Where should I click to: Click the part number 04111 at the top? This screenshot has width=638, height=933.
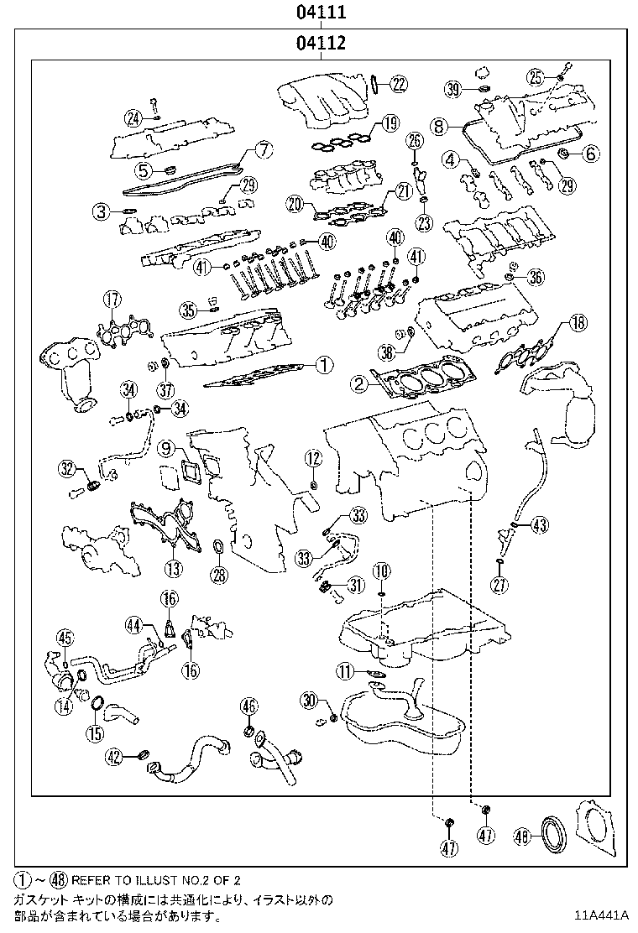pos(320,13)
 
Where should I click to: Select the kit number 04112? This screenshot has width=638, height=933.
pos(320,43)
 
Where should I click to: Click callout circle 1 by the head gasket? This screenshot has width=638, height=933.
pos(324,365)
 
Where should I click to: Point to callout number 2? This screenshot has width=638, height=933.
pos(358,385)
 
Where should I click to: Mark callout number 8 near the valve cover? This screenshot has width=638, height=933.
pos(438,126)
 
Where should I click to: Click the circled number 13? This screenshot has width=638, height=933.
pos(172,570)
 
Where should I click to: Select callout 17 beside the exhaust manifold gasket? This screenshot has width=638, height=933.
pos(112,299)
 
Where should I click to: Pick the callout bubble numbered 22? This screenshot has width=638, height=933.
pos(399,82)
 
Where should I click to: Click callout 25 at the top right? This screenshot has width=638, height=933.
pos(536,77)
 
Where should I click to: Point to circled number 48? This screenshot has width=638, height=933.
pos(520,836)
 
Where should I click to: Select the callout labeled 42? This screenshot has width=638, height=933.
pos(115,757)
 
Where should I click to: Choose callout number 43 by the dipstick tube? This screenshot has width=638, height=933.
pos(540,526)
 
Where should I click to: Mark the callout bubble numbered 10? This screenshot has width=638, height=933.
pos(381,571)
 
